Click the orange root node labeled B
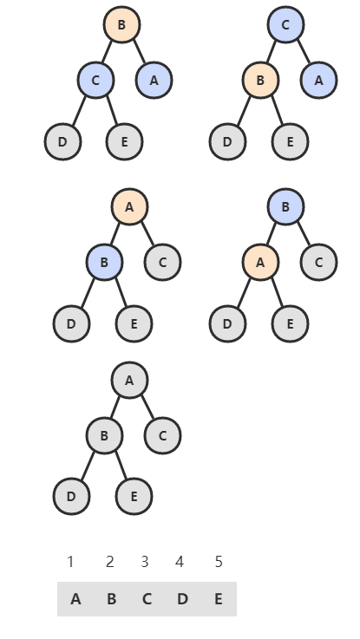pyautogui.click(x=121, y=24)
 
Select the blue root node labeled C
pyautogui.click(x=285, y=24)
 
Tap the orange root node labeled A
pyautogui.click(x=129, y=207)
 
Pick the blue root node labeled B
pyautogui.click(x=285, y=206)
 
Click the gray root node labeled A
pyautogui.click(x=129, y=381)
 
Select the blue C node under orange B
pyautogui.click(x=95, y=81)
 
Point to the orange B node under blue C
pyautogui.click(x=260, y=81)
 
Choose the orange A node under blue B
pyautogui.click(x=260, y=263)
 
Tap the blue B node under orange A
pyautogui.click(x=104, y=263)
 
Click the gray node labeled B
pyautogui.click(x=104, y=435)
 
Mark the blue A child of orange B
pyautogui.click(x=154, y=81)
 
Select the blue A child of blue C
pyautogui.click(x=318, y=81)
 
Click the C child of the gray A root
pyautogui.click(x=162, y=435)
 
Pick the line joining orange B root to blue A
pyautogui.click(x=140, y=52)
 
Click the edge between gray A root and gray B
pyautogui.click(x=115, y=408)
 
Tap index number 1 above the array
pyautogui.click(x=70, y=562)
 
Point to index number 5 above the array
pyautogui.click(x=219, y=562)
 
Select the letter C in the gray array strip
pyautogui.click(x=147, y=599)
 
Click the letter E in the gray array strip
pyautogui.click(x=219, y=599)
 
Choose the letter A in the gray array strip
pyautogui.click(x=75, y=599)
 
